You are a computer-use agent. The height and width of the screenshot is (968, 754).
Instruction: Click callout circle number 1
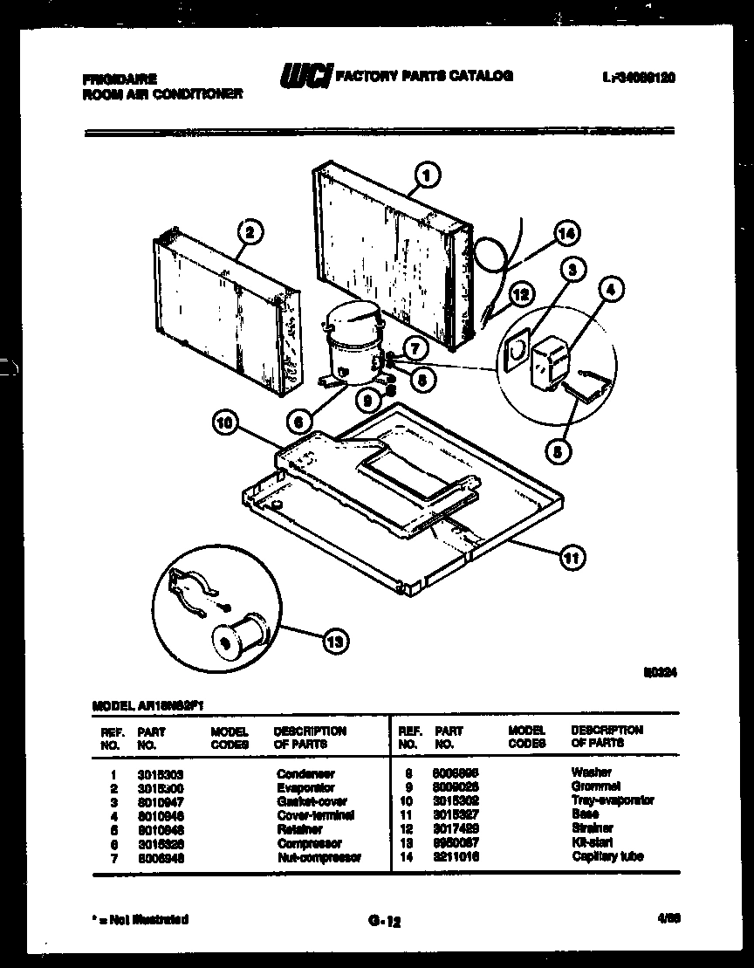tap(427, 175)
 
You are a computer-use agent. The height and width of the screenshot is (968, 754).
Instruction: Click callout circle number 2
tap(250, 232)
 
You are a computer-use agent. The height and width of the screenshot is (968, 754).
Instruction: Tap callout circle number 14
tap(567, 234)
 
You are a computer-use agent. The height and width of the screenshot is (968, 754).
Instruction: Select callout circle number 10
tap(226, 425)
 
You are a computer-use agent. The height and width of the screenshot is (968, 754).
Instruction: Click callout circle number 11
tap(573, 556)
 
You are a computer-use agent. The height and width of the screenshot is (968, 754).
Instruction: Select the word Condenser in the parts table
tap(305, 773)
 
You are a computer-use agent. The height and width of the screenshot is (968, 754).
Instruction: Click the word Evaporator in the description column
tap(305, 787)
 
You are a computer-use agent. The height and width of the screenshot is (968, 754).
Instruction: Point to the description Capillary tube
tap(607, 856)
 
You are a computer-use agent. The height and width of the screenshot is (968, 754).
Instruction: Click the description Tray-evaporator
tap(613, 800)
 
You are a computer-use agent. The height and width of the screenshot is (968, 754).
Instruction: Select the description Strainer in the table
tap(593, 828)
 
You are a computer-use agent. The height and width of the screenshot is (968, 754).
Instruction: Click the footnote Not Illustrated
tap(140, 919)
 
